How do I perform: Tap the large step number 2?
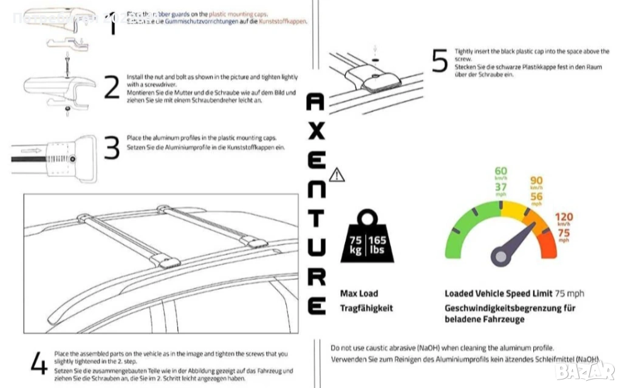coord(112,87)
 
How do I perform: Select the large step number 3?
coord(112,149)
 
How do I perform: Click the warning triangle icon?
coord(337,175)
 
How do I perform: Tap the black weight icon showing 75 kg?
coord(368,239)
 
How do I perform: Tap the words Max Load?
coord(359,294)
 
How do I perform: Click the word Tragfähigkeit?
coord(366,308)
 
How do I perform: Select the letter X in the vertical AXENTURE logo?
coord(316,132)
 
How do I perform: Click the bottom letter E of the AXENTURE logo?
coord(316,305)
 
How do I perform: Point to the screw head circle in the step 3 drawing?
coord(72,159)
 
